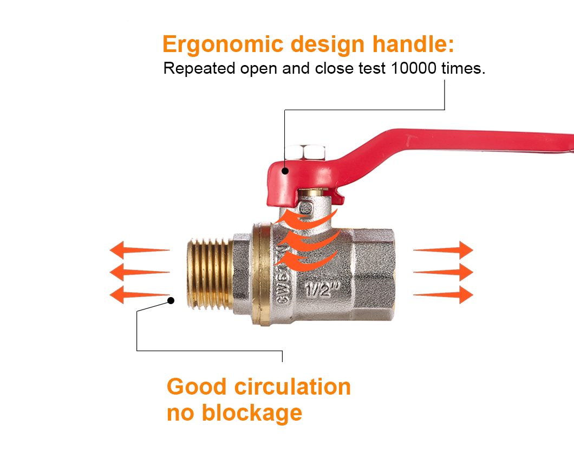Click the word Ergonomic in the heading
(x=223, y=45)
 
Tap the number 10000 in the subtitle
(x=414, y=68)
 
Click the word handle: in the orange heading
(x=413, y=44)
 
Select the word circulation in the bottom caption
(x=292, y=387)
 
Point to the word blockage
(x=252, y=414)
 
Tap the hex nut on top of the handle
(x=305, y=152)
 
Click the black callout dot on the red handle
(x=285, y=171)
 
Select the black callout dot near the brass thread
(x=171, y=300)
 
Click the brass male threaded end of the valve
(x=210, y=273)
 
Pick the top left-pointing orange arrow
(x=140, y=250)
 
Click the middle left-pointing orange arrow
(x=140, y=273)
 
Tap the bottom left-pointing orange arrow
(x=140, y=295)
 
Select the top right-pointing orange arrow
(x=443, y=250)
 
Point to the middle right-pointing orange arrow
(x=443, y=273)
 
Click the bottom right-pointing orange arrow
(x=443, y=295)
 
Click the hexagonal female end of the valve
(x=374, y=274)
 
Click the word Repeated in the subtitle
(x=199, y=69)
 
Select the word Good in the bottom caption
(x=197, y=387)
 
